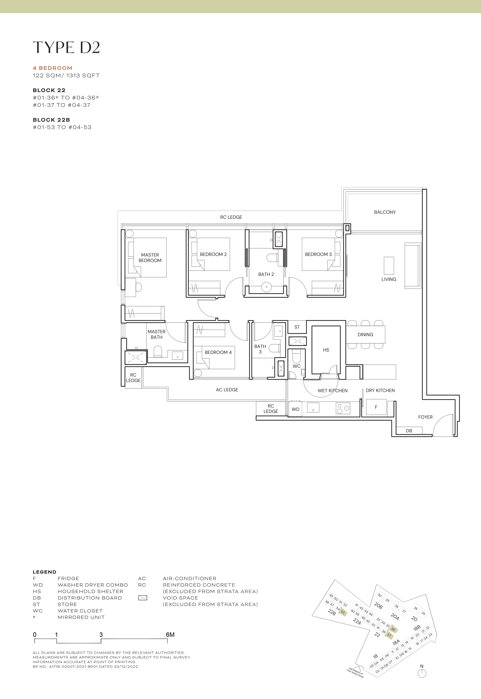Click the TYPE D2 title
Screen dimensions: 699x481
click(x=66, y=48)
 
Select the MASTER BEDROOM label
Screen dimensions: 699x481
click(x=150, y=258)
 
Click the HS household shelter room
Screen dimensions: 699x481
click(x=326, y=350)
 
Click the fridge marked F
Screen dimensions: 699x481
click(x=376, y=407)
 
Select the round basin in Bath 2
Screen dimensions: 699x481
click(x=266, y=287)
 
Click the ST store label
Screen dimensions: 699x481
click(x=297, y=327)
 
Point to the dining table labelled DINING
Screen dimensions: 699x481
click(x=365, y=335)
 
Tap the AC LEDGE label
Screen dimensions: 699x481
click(x=227, y=390)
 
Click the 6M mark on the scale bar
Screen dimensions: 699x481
click(x=170, y=635)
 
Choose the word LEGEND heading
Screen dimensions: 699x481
click(x=44, y=572)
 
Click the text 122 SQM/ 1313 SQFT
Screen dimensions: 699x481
click(x=66, y=76)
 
